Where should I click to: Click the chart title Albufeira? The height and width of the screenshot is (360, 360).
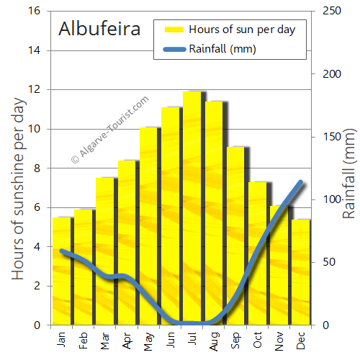click(x=104, y=30)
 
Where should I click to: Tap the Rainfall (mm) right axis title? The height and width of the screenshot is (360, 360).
click(x=350, y=174)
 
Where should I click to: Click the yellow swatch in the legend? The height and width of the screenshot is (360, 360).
click(x=175, y=30)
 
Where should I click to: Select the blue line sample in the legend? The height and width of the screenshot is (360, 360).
click(x=175, y=49)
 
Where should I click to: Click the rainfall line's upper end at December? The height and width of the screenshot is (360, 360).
click(x=300, y=183)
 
